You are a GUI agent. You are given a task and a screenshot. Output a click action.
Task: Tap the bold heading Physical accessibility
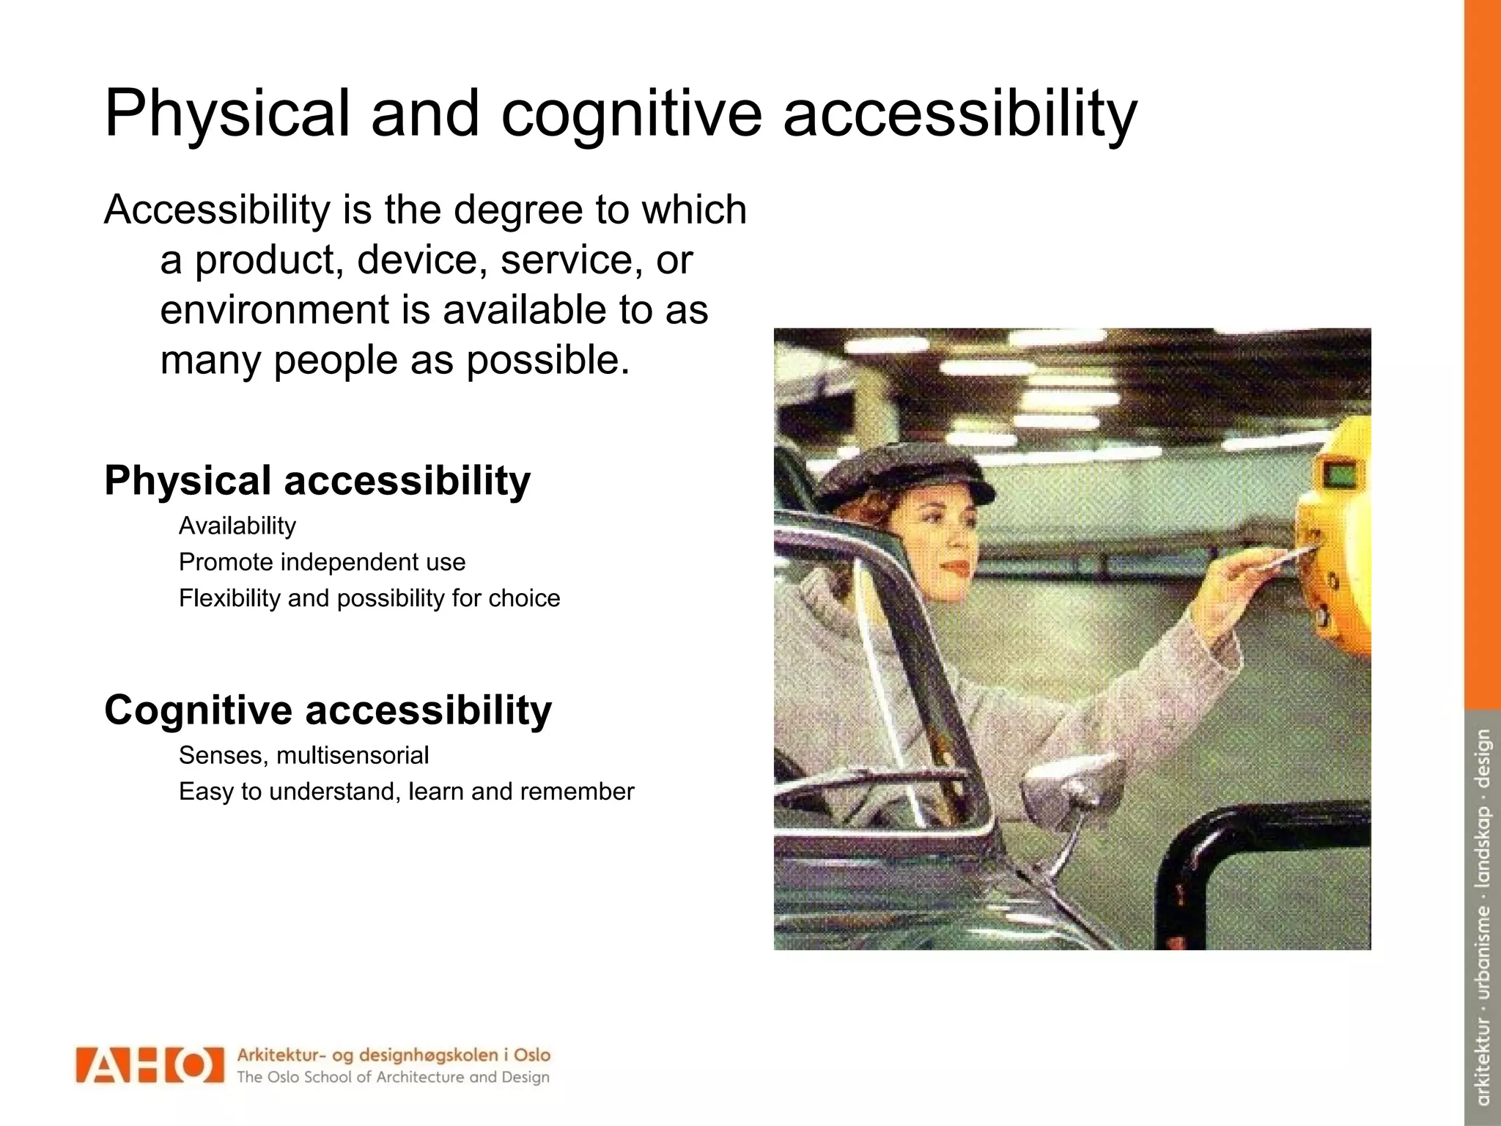pos(317,481)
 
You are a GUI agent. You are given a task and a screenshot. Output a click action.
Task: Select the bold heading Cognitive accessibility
pos(328,710)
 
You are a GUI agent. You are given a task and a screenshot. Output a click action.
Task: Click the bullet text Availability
pos(237,526)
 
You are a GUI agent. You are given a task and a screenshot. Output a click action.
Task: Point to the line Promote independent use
pos(322,562)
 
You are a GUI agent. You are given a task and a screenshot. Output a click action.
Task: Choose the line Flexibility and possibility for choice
pos(369,598)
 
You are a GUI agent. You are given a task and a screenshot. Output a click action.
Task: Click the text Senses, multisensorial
pos(303,755)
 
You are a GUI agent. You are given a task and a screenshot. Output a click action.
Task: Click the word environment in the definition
pos(274,310)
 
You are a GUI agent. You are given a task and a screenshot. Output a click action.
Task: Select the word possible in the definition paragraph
pos(547,360)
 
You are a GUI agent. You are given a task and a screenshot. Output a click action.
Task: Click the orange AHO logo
pos(150,1064)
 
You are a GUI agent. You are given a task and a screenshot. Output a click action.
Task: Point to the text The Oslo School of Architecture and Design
pos(393,1077)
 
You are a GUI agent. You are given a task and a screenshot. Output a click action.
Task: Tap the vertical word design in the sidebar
pos(1483,758)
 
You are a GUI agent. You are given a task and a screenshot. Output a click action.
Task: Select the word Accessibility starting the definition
pos(217,210)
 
